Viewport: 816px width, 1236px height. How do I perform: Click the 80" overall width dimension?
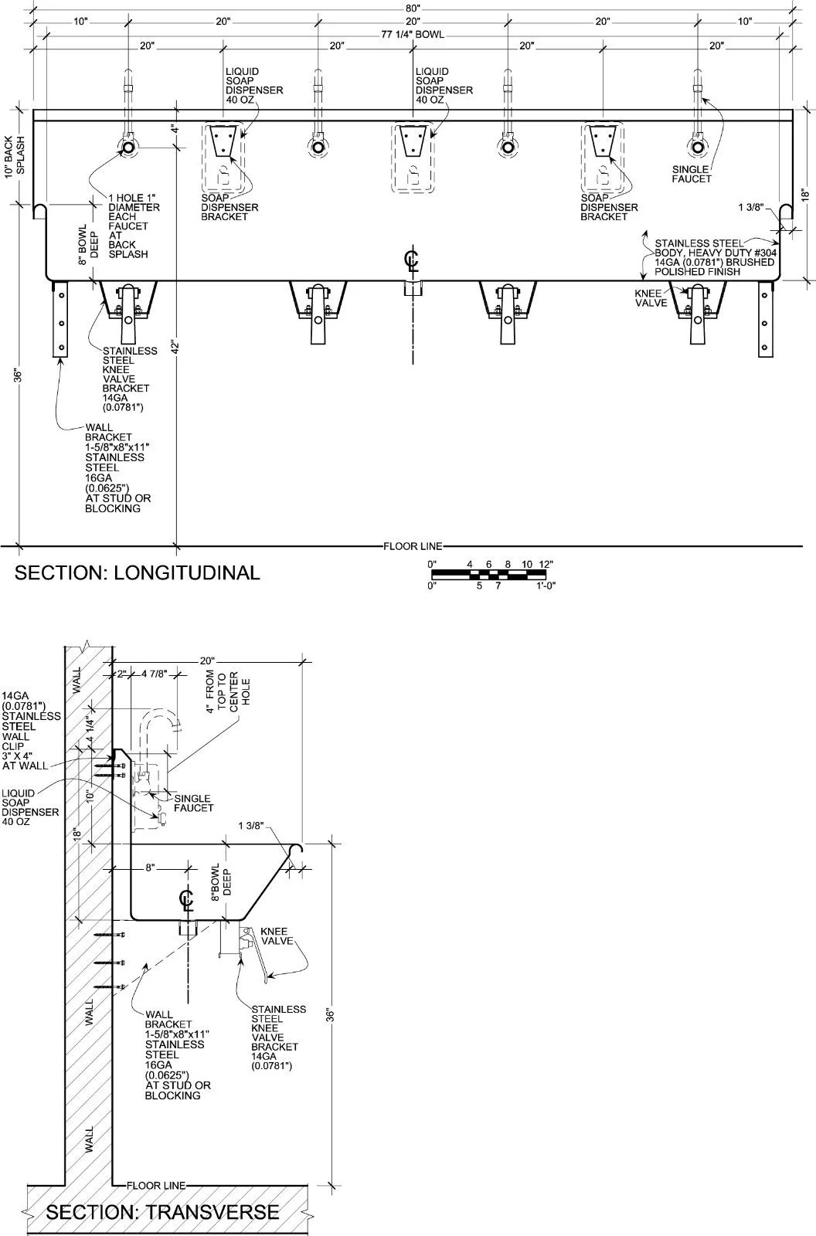413,8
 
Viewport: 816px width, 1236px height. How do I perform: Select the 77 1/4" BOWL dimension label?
413,34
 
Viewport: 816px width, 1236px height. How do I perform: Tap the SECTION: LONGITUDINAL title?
137,572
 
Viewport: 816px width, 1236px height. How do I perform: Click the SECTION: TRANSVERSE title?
162,1212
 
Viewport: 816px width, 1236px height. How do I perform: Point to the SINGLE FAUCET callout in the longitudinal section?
692,174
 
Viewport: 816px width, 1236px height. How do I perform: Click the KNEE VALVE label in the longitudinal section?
651,298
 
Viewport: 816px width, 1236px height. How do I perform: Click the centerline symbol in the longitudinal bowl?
411,261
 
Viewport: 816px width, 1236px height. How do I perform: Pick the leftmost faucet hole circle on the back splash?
127,148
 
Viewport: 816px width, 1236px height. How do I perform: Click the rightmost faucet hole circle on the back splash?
697,148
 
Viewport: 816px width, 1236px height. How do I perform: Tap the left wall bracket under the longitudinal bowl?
60,320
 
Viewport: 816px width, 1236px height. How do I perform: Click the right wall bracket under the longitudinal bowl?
765,320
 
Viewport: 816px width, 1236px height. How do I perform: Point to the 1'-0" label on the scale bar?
546,586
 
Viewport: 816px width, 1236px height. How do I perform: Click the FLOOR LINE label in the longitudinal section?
413,546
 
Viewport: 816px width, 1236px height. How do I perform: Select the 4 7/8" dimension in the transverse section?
154,674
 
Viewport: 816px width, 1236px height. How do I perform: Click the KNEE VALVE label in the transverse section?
276,935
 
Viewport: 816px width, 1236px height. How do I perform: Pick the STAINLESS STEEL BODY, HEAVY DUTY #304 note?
715,258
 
